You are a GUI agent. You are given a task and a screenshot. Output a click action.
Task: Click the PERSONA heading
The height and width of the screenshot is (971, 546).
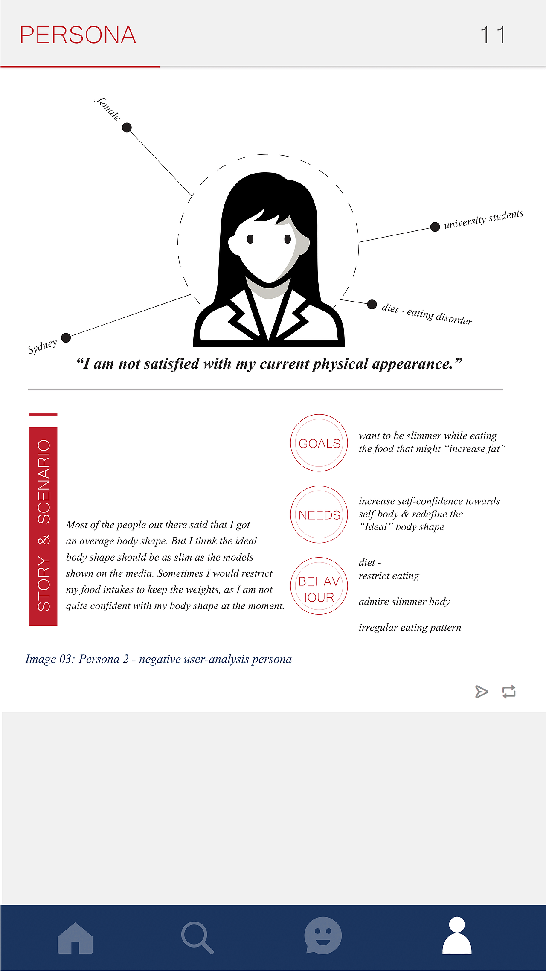(x=78, y=35)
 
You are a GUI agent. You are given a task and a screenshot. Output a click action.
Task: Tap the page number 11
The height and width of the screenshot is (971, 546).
(x=493, y=35)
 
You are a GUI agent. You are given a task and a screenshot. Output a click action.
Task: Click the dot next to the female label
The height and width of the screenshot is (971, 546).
(x=127, y=128)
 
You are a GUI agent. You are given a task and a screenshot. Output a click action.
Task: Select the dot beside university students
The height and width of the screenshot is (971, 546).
(x=435, y=227)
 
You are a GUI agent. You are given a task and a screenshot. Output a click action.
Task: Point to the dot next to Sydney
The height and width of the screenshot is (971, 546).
(x=66, y=338)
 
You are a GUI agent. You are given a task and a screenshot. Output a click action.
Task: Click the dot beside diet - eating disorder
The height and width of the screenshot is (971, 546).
(x=372, y=304)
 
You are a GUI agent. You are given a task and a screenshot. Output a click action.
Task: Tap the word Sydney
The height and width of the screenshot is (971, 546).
(x=42, y=346)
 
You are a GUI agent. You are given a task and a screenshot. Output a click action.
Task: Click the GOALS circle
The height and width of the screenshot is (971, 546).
(x=319, y=443)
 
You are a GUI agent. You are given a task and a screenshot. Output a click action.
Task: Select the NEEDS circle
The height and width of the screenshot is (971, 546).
(x=319, y=515)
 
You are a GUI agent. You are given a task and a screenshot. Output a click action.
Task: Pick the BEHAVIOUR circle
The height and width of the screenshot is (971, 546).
(x=319, y=586)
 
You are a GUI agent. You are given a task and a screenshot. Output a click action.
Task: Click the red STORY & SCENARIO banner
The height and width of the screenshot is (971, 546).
(x=43, y=526)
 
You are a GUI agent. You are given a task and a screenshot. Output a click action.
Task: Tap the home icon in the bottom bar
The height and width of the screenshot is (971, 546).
(x=75, y=938)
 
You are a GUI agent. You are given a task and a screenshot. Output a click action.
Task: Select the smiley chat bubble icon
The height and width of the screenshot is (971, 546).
(x=323, y=935)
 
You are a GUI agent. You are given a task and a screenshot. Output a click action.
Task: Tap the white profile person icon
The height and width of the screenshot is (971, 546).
(x=457, y=935)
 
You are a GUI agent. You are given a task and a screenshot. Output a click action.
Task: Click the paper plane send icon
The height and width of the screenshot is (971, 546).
(x=481, y=692)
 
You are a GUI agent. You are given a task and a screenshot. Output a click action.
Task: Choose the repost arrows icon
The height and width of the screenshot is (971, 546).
(x=509, y=692)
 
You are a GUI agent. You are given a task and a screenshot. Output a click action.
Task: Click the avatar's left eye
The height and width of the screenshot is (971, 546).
(x=250, y=239)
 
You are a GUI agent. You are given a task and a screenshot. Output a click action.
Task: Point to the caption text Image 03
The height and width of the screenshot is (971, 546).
(x=158, y=659)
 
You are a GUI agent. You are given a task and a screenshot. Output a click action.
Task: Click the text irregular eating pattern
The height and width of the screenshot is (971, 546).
(x=410, y=628)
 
